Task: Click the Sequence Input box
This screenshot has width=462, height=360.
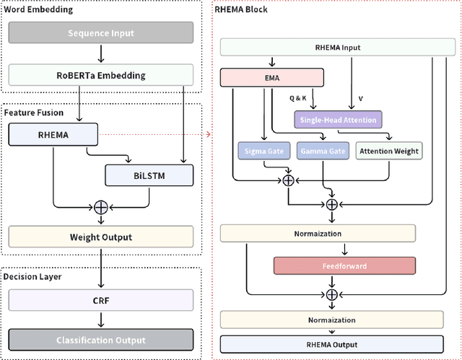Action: [x=100, y=33]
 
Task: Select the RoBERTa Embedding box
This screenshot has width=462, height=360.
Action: [x=100, y=75]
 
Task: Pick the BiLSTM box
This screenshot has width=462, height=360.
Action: [x=149, y=175]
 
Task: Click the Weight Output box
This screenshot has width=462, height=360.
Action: [x=100, y=237]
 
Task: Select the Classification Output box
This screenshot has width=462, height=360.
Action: [x=100, y=340]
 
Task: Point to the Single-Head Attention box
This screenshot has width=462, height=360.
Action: [x=336, y=119]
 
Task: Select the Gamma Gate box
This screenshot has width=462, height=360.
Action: [x=321, y=151]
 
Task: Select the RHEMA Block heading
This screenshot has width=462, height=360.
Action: [x=242, y=9]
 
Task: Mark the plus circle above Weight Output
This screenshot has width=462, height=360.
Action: [x=100, y=206]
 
